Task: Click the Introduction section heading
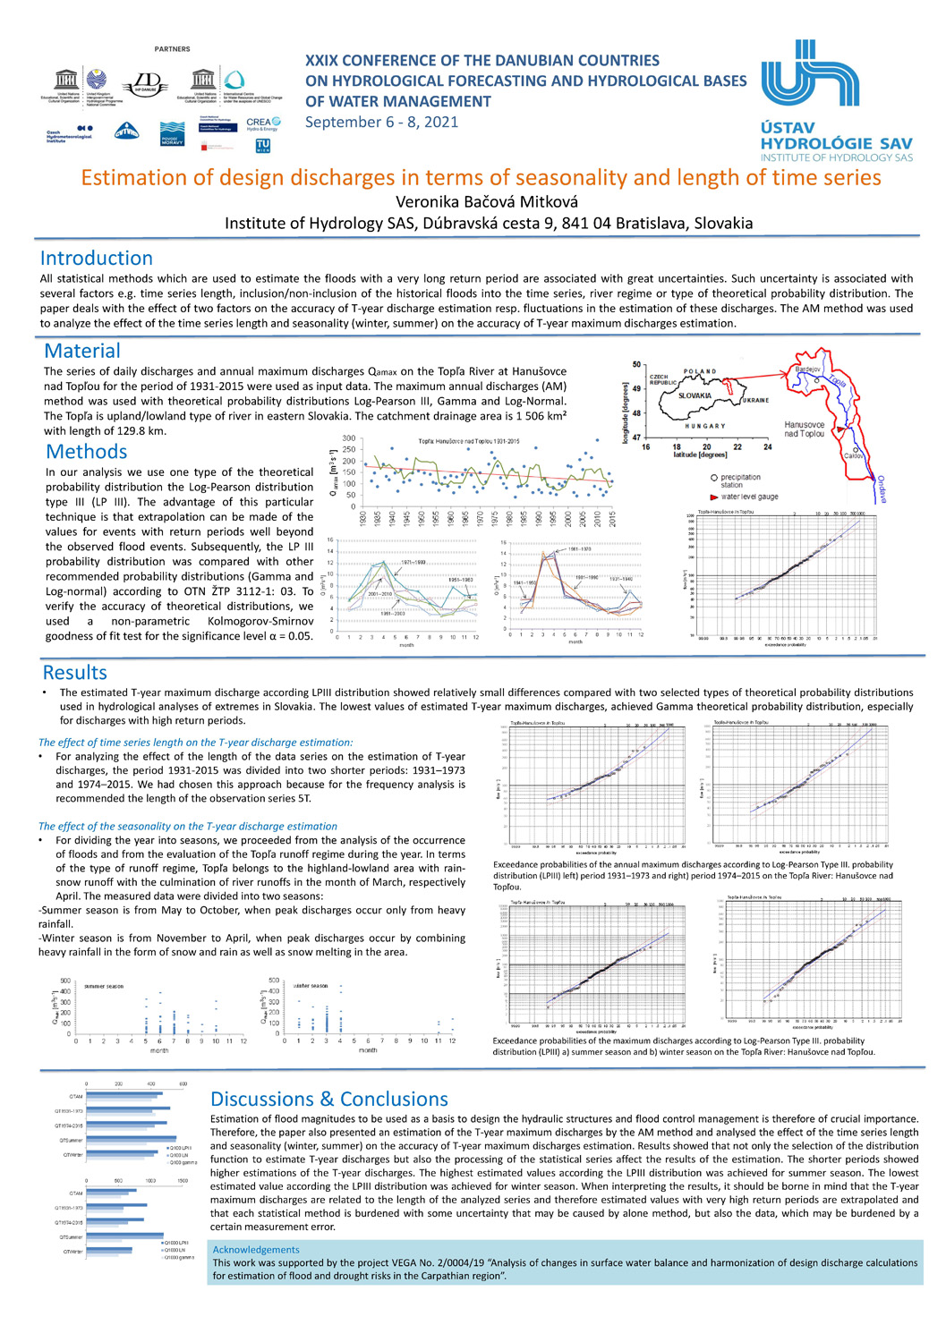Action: pos(96,258)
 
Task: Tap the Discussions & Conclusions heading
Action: pos(328,1099)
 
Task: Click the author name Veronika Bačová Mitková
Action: pos(487,201)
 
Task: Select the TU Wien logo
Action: pos(263,145)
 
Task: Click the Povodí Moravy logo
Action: pos(172,133)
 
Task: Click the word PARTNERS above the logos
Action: pos(172,49)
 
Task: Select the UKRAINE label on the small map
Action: pos(754,400)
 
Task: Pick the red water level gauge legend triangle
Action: pos(713,497)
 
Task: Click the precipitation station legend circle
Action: pos(712,478)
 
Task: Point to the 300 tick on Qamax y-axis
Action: pos(348,438)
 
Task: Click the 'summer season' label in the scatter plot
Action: pos(104,986)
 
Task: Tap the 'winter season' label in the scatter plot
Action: pos(311,986)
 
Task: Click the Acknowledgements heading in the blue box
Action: pos(256,1249)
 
